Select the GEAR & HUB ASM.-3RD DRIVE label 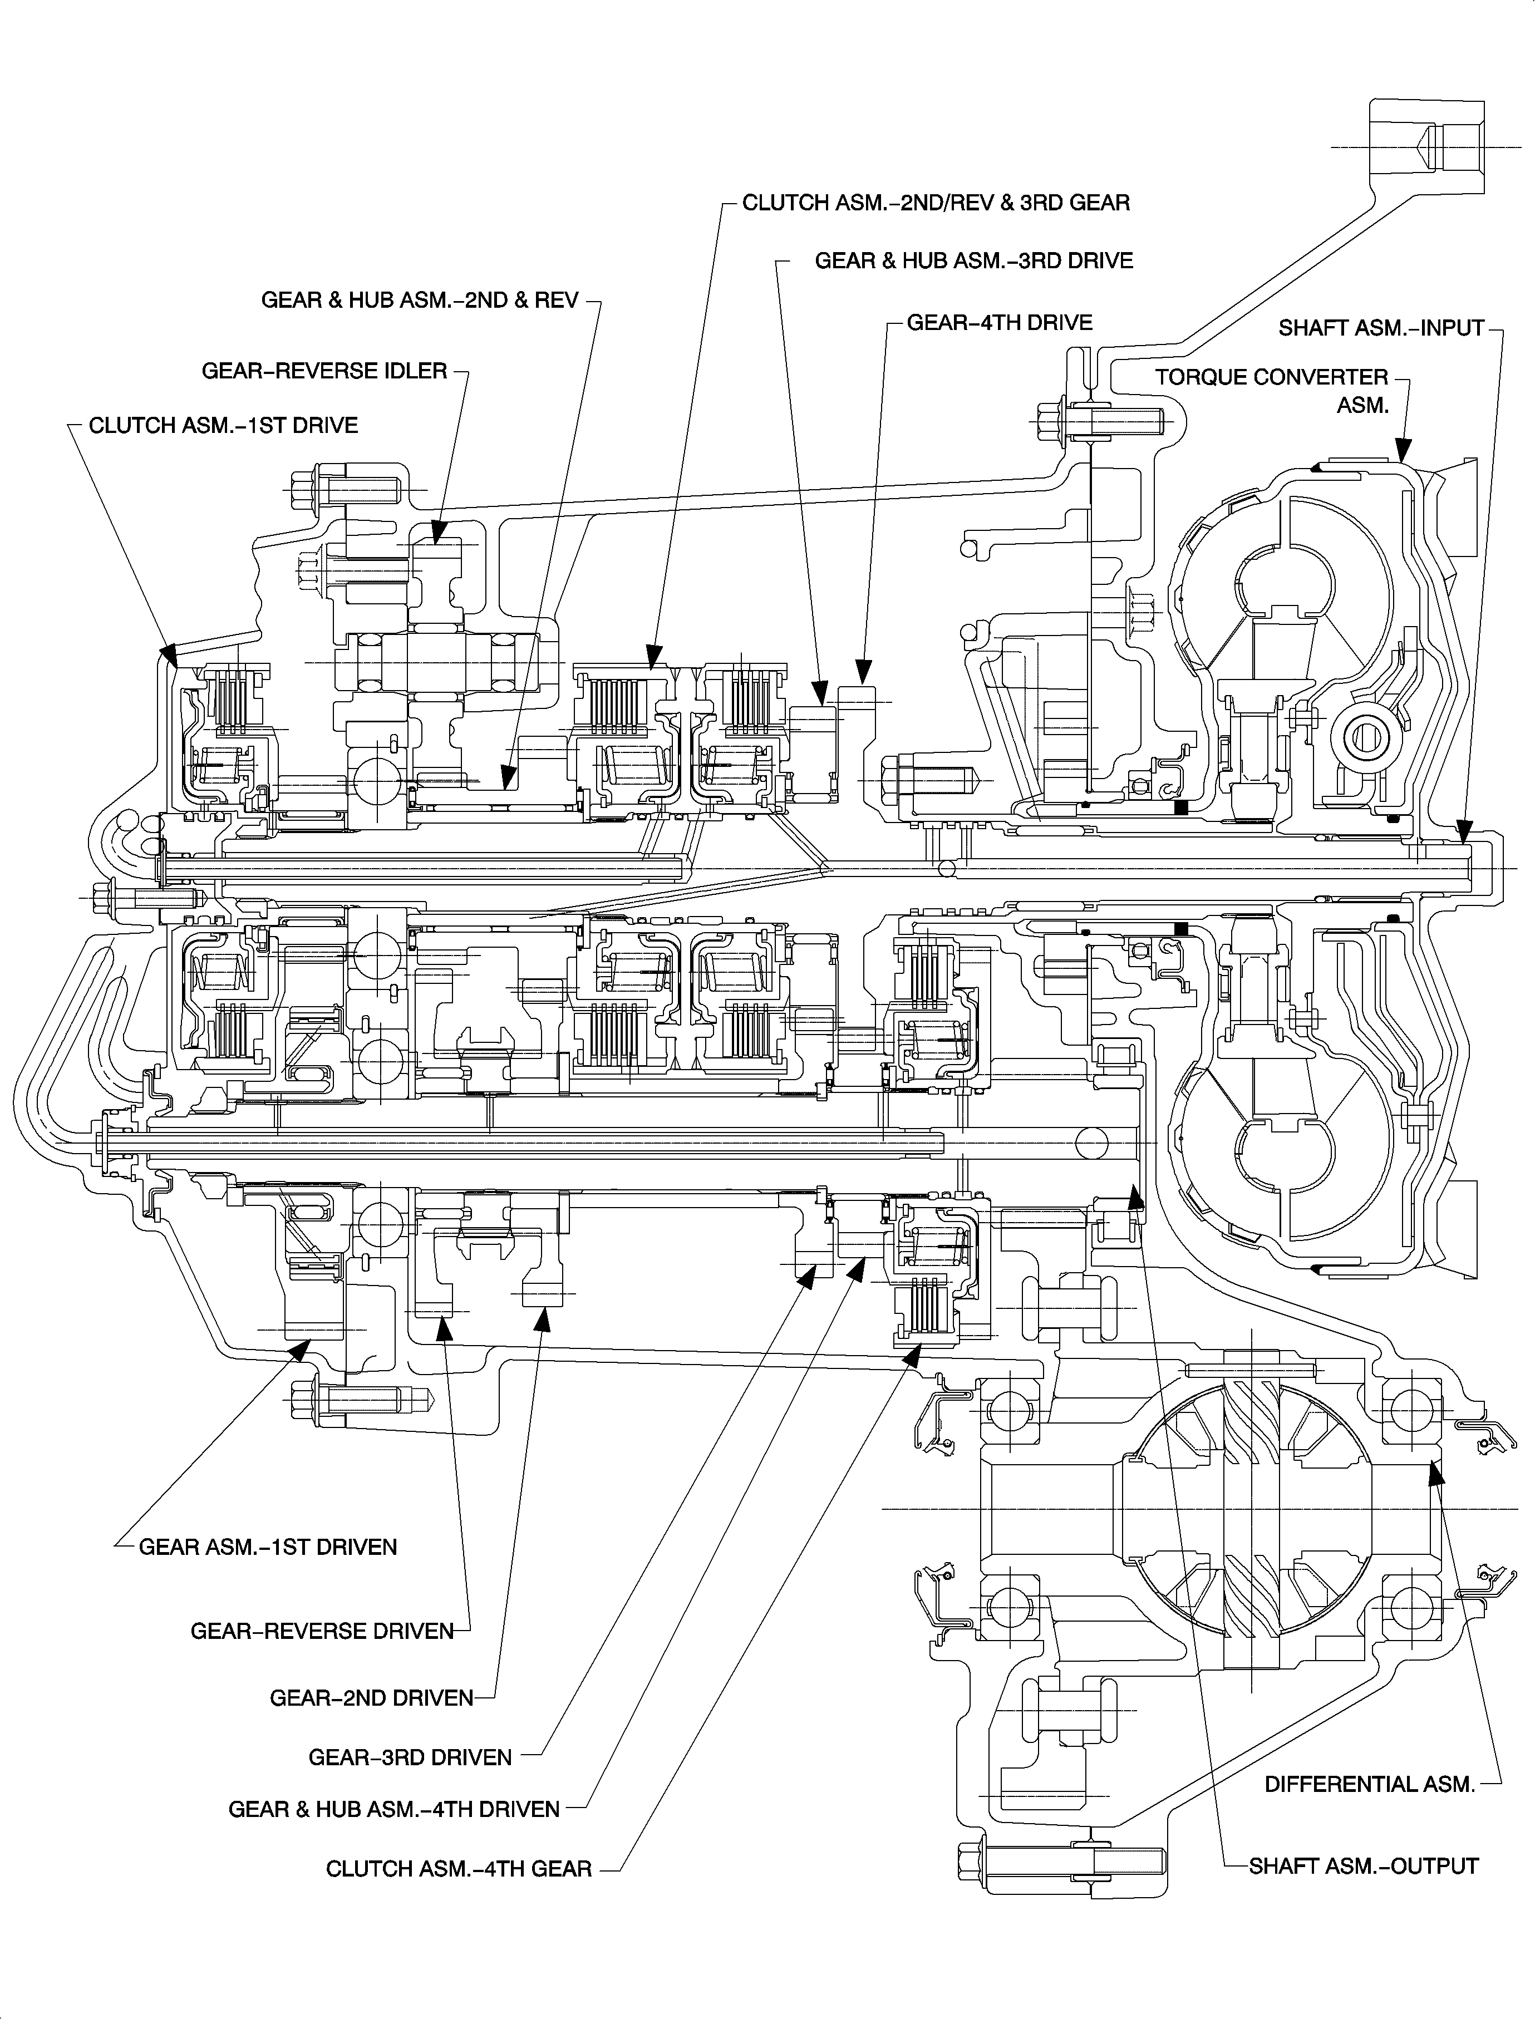click(x=973, y=262)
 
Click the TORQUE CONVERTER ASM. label click(x=1271, y=390)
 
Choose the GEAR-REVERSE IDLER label click(x=324, y=371)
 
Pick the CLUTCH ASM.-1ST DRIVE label click(x=223, y=426)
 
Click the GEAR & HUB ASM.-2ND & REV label click(x=420, y=301)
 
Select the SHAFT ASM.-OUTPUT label click(x=1363, y=1865)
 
